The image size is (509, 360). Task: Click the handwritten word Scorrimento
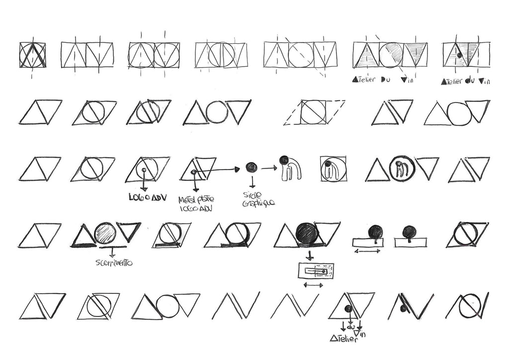[x=113, y=262]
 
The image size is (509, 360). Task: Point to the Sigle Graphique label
[x=258, y=199]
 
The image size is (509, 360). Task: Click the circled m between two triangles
[x=402, y=169]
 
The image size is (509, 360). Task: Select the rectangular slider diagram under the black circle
[x=316, y=271]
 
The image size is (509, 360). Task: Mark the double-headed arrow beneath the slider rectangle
[x=313, y=285]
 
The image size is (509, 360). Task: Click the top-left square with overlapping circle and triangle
[x=33, y=55]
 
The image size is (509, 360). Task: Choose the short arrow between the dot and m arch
[x=269, y=168]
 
